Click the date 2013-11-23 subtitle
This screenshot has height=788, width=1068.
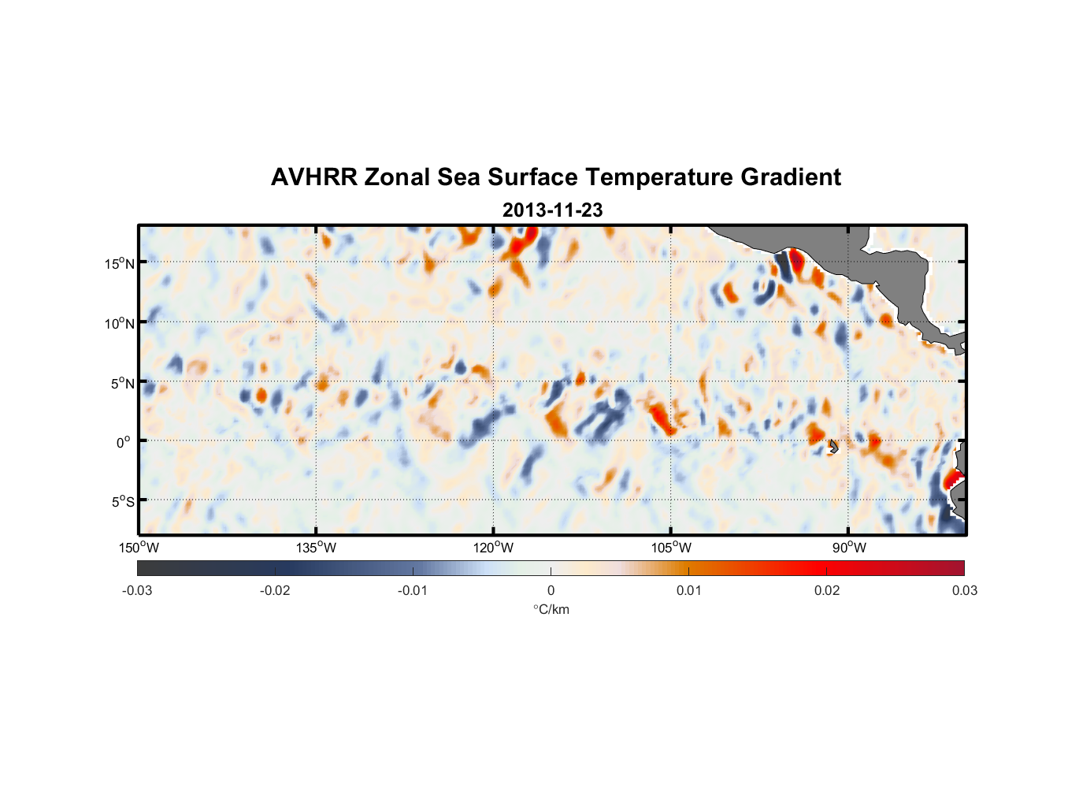click(x=552, y=210)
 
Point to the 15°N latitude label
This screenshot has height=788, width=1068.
click(x=120, y=263)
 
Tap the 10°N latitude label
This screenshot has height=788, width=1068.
click(x=120, y=323)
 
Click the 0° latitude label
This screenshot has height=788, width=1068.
click(x=123, y=442)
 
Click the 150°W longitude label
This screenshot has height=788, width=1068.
click(x=139, y=548)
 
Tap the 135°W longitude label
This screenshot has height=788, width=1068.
click(x=317, y=548)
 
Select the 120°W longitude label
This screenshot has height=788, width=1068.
click(x=494, y=548)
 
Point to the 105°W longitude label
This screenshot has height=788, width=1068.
click(x=671, y=548)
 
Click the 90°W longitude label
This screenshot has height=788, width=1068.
click(x=848, y=548)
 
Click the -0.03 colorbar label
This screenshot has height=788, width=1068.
click(x=137, y=590)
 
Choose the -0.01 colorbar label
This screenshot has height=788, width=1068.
click(x=413, y=590)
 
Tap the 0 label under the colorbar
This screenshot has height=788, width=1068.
click(x=551, y=590)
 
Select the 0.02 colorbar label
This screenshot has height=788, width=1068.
click(x=827, y=590)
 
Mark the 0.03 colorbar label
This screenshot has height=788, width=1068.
click(x=964, y=590)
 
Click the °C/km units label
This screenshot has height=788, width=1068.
click(x=551, y=609)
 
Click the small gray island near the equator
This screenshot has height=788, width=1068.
click(x=833, y=447)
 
